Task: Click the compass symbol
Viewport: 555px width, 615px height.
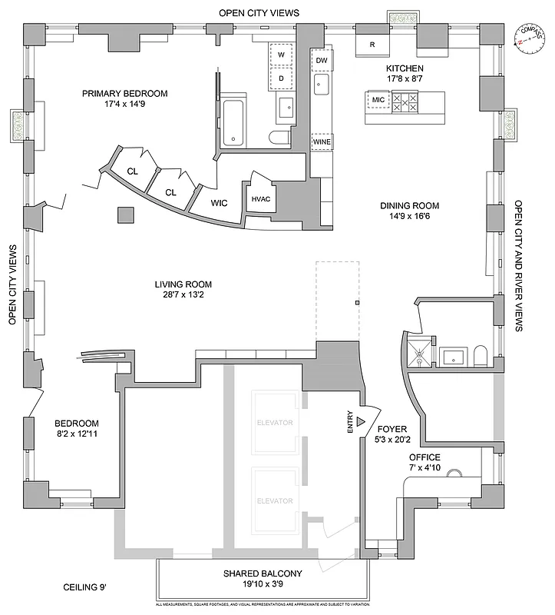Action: coord(529,37)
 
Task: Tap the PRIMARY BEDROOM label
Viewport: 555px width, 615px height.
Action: coord(125,94)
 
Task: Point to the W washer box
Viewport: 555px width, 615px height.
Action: coord(281,55)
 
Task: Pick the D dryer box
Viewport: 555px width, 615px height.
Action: coord(281,78)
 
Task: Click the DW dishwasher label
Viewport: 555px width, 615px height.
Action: coord(322,60)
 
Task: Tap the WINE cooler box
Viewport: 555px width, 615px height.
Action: coord(322,141)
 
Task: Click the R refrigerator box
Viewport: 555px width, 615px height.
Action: coord(372,45)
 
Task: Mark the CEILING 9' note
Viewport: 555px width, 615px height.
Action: coord(84,588)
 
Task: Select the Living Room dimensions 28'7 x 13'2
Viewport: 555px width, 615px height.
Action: coord(182,294)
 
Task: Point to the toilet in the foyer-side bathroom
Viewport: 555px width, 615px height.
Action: coord(481,355)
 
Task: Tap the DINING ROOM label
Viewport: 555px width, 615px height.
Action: coord(410,205)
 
